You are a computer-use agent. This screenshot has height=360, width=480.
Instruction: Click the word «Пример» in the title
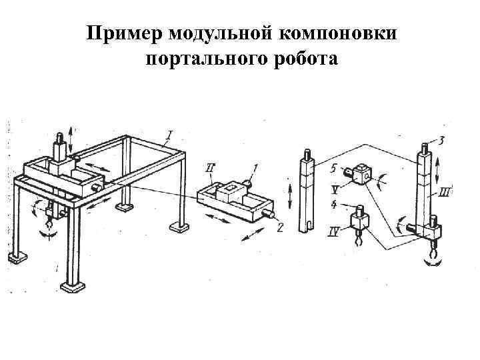click(125, 34)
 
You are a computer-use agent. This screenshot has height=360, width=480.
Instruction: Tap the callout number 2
click(280, 228)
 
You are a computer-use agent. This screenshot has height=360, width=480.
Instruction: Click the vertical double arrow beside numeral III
click(437, 169)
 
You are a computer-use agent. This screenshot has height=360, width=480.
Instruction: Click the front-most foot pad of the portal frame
click(72, 287)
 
